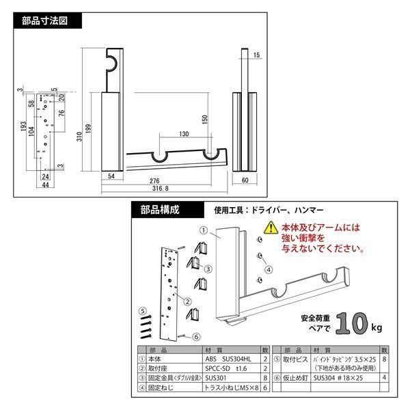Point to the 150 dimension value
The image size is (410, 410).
[204, 119]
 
